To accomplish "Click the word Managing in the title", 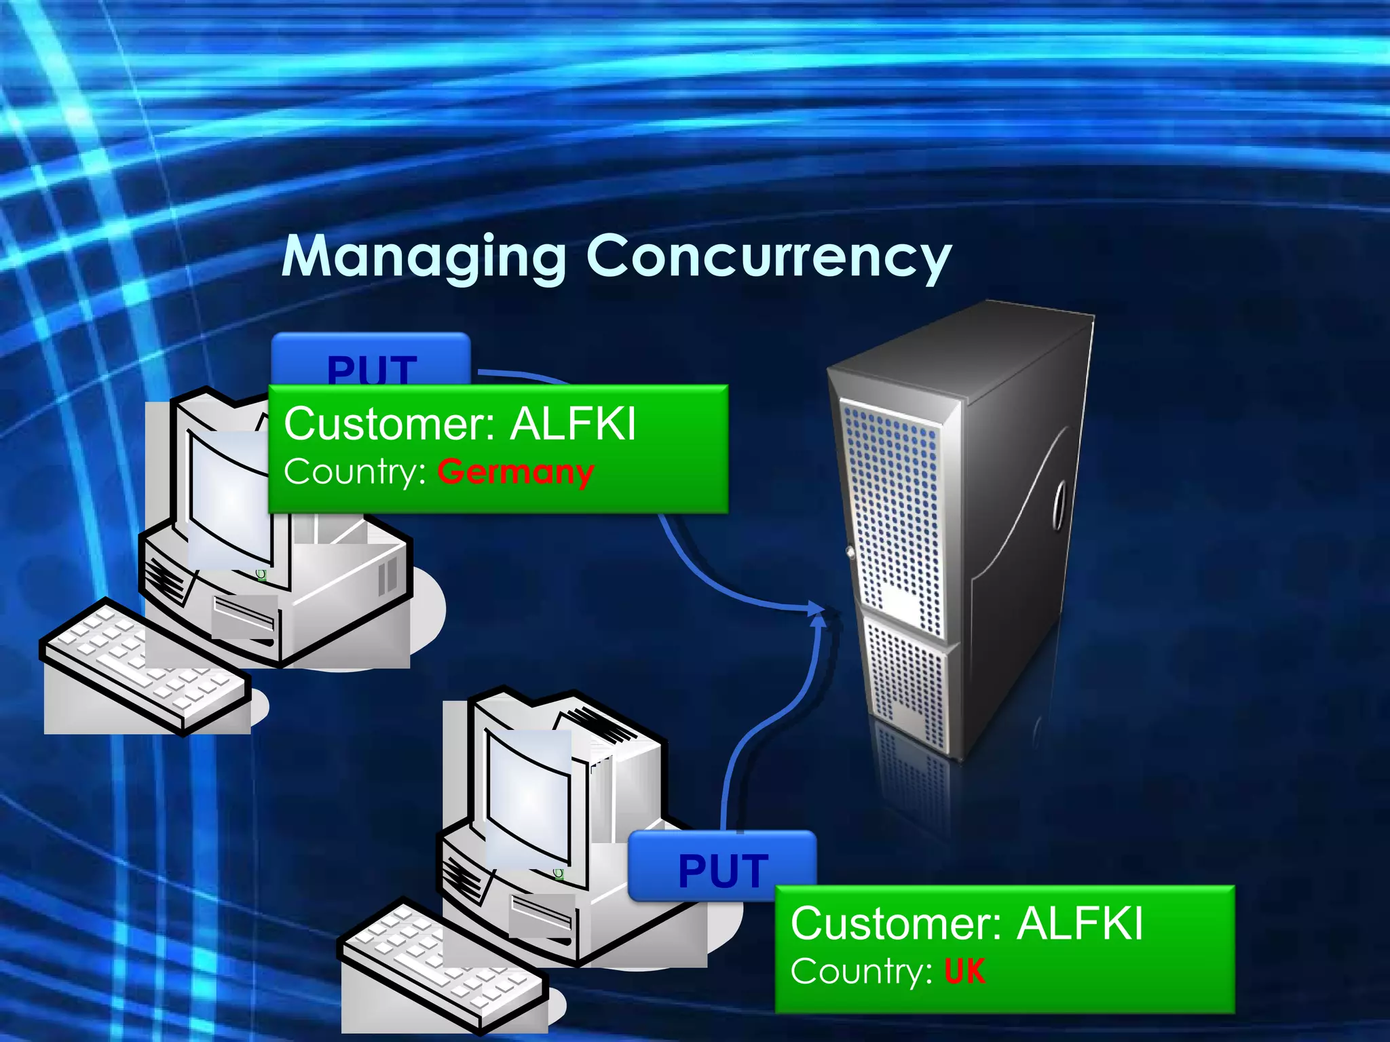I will tap(424, 256).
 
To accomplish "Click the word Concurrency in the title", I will tap(768, 256).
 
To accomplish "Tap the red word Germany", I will tap(516, 471).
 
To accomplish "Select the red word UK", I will tap(964, 971).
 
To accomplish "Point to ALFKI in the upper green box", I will tap(573, 424).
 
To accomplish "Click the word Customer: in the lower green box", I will tap(896, 923).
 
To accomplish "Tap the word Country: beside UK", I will tap(861, 971).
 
